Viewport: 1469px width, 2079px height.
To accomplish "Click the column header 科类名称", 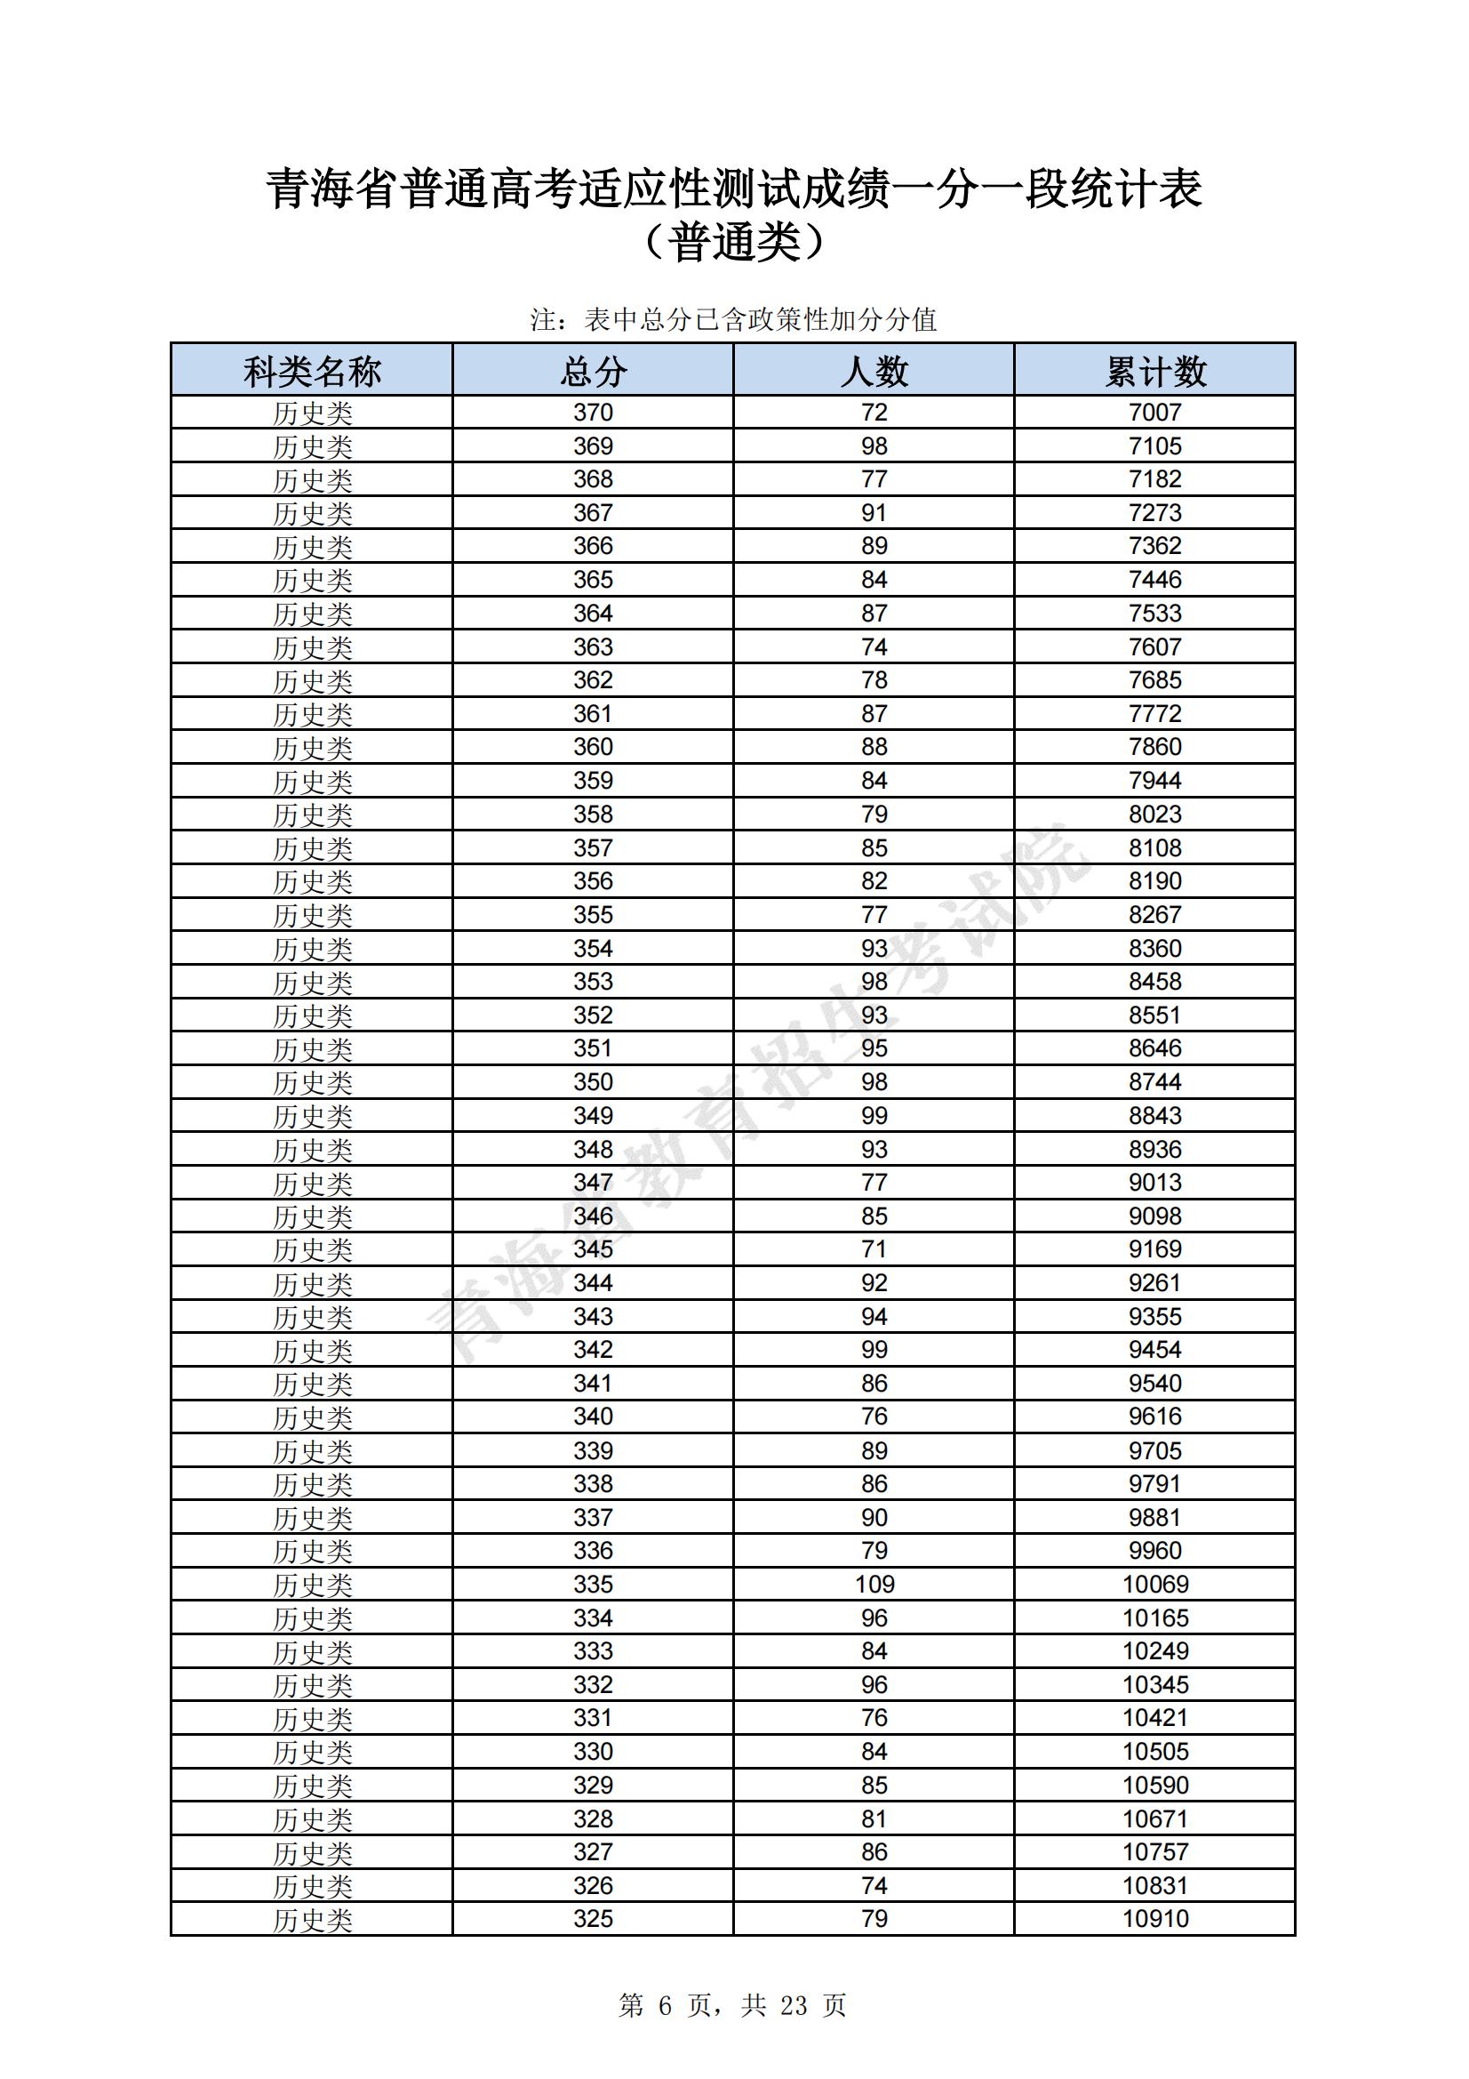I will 311,372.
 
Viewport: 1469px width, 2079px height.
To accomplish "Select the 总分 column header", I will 593,372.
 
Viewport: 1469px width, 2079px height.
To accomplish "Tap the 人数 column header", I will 874,372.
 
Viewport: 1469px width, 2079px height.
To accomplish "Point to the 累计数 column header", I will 1155,372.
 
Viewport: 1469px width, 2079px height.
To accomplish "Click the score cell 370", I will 593,413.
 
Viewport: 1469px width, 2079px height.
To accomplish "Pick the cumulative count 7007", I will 1155,413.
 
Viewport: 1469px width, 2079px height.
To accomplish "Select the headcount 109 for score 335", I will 874,1585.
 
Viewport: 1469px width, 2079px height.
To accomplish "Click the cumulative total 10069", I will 1155,1585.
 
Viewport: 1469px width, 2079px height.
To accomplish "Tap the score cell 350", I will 593,1082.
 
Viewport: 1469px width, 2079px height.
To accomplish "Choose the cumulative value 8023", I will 1155,814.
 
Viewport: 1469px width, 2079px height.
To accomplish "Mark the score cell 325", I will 593,1919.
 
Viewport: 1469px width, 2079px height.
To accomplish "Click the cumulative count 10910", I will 1155,1919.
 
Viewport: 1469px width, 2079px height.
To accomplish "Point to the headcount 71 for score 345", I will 874,1249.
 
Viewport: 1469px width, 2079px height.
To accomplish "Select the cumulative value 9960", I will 1155,1551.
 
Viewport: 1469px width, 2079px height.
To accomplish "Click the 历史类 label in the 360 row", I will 311,748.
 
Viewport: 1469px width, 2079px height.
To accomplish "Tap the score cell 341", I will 593,1384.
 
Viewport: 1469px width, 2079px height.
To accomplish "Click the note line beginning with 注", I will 733,319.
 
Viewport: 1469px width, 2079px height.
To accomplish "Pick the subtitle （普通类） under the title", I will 733,243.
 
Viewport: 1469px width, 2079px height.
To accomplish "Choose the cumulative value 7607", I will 1155,647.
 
